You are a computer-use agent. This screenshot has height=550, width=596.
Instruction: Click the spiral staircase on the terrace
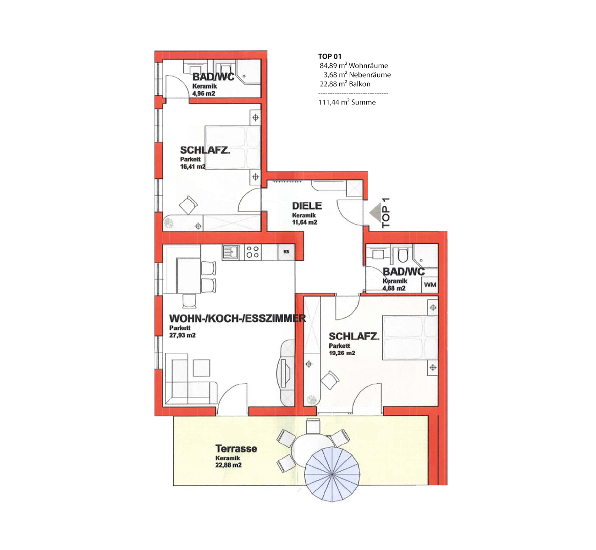pos(332,474)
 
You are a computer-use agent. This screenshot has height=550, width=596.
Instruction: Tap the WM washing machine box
pos(430,285)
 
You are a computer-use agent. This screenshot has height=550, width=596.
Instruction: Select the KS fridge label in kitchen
pos(286,252)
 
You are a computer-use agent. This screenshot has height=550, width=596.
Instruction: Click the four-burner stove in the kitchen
pos(253,252)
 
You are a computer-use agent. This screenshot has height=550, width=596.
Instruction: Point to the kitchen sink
pos(231,252)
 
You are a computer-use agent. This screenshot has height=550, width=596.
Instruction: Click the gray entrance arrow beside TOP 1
pos(375,213)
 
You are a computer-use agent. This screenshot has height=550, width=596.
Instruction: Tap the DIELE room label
pos(307,206)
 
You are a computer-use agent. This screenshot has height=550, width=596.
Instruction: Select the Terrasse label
pos(236,449)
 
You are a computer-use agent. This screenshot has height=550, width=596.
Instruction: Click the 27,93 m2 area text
pos(182,335)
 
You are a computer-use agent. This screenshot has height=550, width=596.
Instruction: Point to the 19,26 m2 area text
pos(342,353)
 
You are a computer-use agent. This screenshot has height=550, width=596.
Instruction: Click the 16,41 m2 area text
pos(193,166)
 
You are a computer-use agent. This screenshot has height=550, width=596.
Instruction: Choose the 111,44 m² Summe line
pos(347,102)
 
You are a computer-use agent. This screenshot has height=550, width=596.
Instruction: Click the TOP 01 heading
pos(330,56)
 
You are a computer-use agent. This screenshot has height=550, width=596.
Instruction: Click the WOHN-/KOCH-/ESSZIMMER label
pos(237,319)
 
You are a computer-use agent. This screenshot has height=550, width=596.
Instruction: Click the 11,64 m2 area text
pos(304,222)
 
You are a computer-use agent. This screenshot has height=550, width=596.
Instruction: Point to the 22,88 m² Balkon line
pos(345,84)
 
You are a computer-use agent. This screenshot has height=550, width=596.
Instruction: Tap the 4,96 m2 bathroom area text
pos(204,93)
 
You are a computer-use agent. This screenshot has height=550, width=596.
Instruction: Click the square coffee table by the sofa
pos(201,368)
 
